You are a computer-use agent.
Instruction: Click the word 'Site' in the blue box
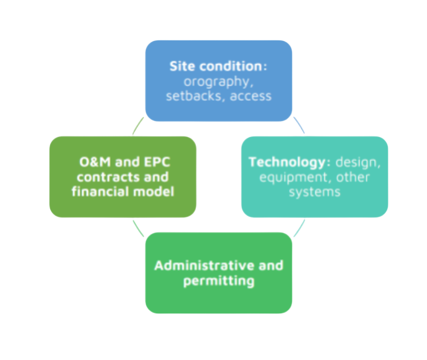pyautogui.click(x=183, y=66)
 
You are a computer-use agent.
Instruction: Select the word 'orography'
pyautogui.click(x=217, y=82)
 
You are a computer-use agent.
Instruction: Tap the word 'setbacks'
pyautogui.click(x=194, y=96)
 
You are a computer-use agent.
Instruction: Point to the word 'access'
pyautogui.click(x=251, y=97)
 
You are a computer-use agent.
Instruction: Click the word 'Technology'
pyautogui.click(x=287, y=163)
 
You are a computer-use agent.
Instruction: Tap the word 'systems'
pyautogui.click(x=315, y=193)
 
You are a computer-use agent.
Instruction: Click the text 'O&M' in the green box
pyautogui.click(x=95, y=162)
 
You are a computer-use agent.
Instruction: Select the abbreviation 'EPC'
pyautogui.click(x=157, y=162)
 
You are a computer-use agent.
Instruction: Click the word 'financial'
pyautogui.click(x=100, y=191)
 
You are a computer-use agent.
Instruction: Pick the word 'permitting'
pyautogui.click(x=219, y=281)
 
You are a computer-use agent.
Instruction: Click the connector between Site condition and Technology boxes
pyautogui.click(x=299, y=125)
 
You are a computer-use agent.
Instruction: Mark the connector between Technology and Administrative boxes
pyautogui.click(x=300, y=228)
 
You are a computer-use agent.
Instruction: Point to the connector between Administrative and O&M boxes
pyautogui.click(x=138, y=229)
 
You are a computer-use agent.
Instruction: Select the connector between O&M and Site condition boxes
pyautogui.click(x=138, y=126)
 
